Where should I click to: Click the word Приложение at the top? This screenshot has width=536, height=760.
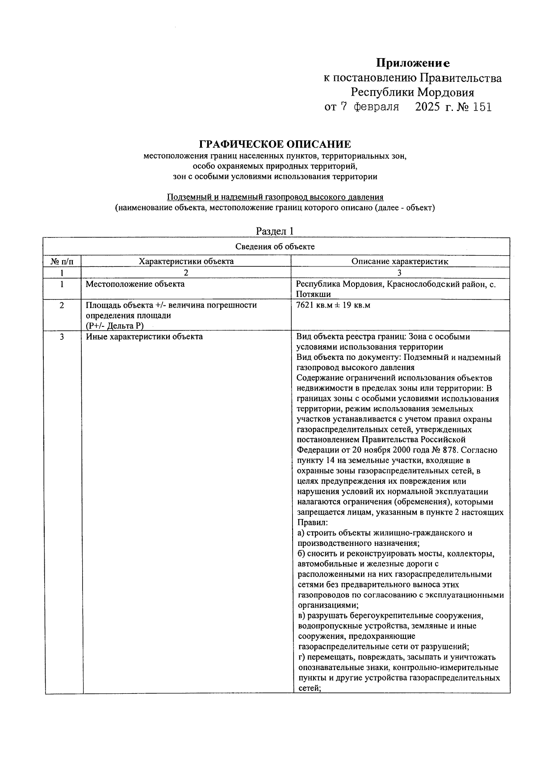tap(412, 63)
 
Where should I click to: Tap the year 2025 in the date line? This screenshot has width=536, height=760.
tap(427, 107)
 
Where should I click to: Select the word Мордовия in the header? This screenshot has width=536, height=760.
tap(446, 93)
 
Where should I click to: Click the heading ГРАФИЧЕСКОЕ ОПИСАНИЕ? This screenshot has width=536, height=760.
tap(275, 144)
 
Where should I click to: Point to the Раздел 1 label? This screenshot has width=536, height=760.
tap(275, 231)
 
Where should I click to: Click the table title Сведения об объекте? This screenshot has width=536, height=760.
tap(275, 247)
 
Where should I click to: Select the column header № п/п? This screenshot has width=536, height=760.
tap(62, 262)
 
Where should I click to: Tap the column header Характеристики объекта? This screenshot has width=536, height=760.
tap(186, 262)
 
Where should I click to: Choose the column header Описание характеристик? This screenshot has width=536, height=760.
tap(400, 262)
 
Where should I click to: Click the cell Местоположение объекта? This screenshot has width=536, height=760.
tap(135, 284)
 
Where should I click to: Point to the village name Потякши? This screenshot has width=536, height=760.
tap(313, 294)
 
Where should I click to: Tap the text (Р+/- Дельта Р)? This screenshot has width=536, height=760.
tap(114, 326)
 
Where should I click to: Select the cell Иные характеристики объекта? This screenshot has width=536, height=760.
tap(144, 337)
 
